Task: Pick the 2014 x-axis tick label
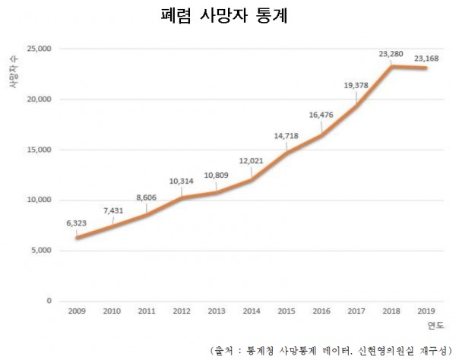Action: [251, 311]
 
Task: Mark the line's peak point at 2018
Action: [391, 67]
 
